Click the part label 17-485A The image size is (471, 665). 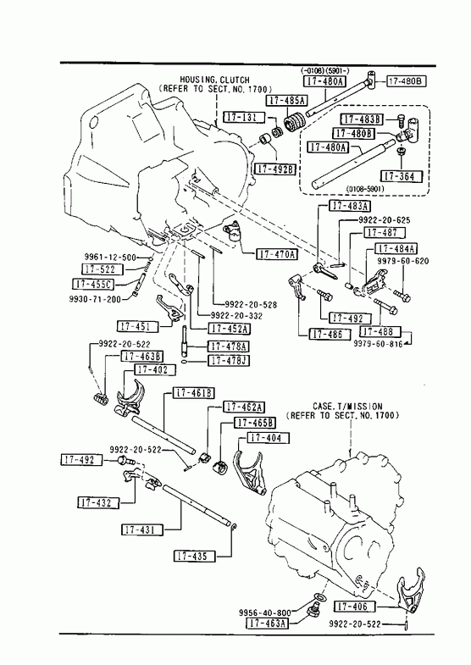pos(286,101)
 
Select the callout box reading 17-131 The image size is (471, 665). pos(244,117)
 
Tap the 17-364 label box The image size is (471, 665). pos(402,176)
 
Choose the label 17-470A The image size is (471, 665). pos(277,254)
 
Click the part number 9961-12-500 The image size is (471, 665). pos(110,257)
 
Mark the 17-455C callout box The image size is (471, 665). pos(94,284)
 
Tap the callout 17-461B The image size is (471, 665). pos(193,393)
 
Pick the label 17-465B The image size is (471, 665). pos(255,423)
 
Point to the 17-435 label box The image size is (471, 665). pos(195,556)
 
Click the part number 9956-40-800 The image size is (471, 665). pos(265,612)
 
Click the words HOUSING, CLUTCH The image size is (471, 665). pos(214,80)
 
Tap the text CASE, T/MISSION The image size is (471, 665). pos(347,407)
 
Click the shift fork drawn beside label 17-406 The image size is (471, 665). pos(408,590)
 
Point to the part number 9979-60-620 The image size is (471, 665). pos(403,262)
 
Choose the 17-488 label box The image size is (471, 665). pos(380,331)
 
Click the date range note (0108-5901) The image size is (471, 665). pos(364,188)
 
